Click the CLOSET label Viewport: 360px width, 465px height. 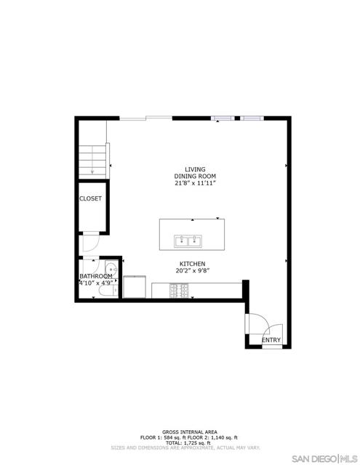point(91,198)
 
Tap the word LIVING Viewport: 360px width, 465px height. point(194,169)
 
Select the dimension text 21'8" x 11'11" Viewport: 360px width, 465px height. point(195,183)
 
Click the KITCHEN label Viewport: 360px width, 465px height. point(193,264)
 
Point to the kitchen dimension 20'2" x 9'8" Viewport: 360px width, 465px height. point(193,271)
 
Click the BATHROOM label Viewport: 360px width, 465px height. point(96,276)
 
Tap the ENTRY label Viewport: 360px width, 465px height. point(271,339)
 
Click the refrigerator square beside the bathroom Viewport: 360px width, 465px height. point(135,286)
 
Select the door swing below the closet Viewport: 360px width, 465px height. point(88,243)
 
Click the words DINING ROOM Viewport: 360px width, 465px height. point(195,176)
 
